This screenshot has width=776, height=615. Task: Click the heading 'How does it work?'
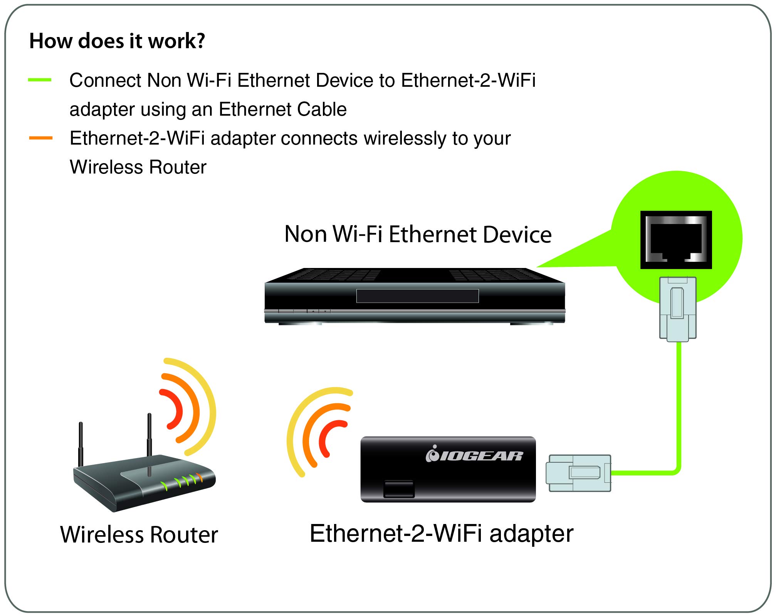(x=117, y=41)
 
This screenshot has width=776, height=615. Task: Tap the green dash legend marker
(x=40, y=80)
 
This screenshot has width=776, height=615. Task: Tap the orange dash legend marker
(x=41, y=138)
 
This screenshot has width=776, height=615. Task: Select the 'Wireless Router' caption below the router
(x=139, y=535)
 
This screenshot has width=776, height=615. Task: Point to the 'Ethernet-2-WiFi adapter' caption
(x=442, y=534)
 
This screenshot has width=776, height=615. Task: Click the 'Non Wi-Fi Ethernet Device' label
(x=418, y=234)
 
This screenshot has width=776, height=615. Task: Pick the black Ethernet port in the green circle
(x=676, y=240)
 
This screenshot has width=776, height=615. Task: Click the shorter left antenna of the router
(x=81, y=443)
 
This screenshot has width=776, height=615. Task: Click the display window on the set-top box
(x=417, y=296)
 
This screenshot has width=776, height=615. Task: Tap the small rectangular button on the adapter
(x=398, y=489)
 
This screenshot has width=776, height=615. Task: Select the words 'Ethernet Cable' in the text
(x=282, y=110)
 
